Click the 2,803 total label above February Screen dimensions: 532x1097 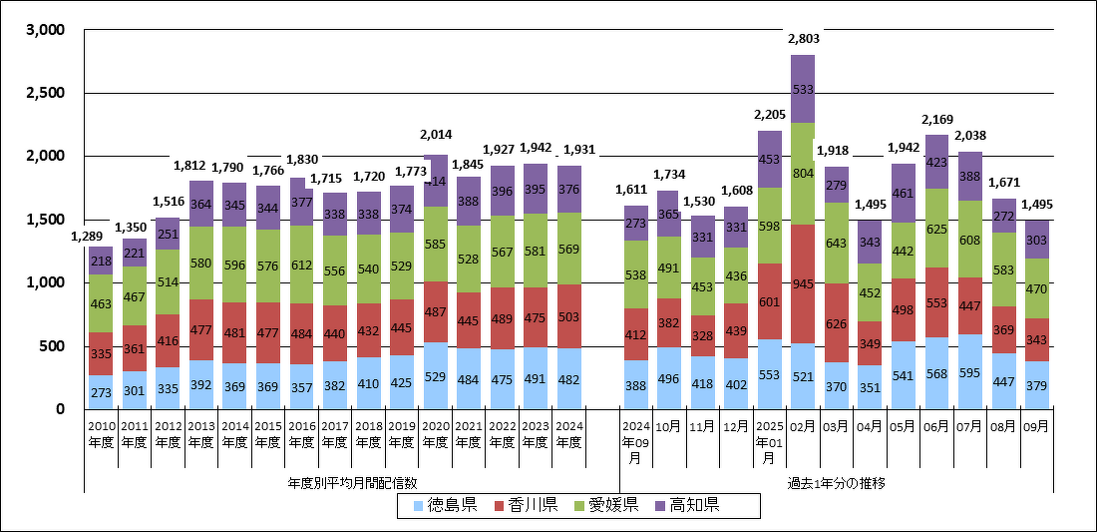coord(803,39)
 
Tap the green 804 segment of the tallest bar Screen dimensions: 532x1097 coord(803,173)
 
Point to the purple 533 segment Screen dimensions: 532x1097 coord(803,89)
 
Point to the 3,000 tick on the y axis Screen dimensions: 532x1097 coord(45,31)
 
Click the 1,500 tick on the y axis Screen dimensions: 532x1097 coord(45,220)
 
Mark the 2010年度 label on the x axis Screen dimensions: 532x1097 coord(101,433)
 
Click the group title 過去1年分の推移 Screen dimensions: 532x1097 coord(836,483)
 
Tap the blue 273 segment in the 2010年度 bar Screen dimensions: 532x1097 coord(101,391)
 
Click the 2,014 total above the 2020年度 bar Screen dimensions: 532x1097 coord(436,135)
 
